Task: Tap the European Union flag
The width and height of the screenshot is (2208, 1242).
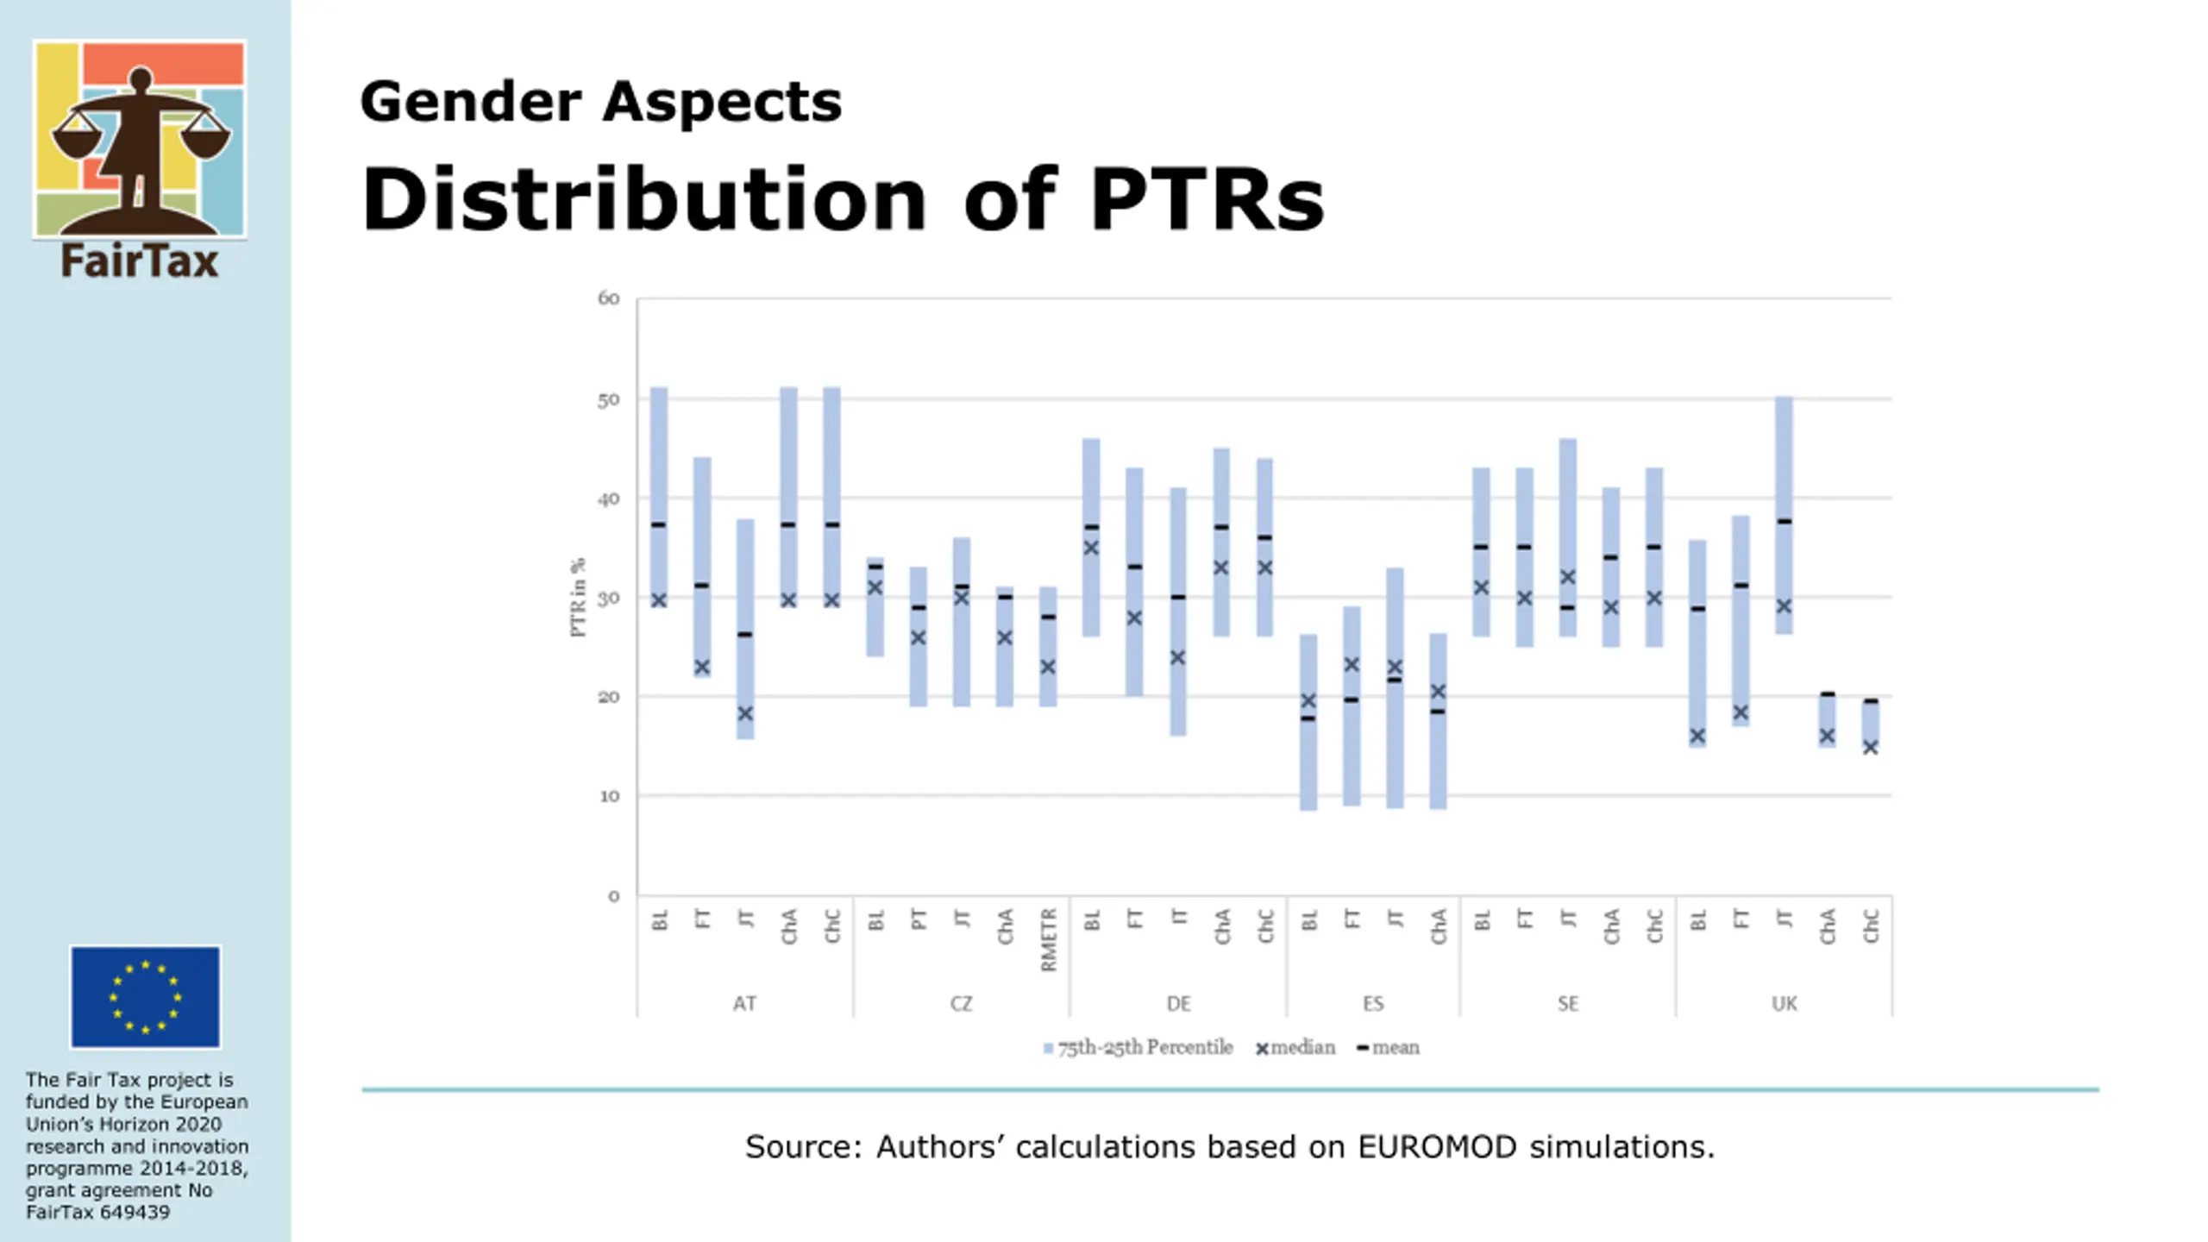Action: click(x=145, y=996)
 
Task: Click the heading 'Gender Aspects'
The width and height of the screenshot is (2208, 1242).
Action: click(x=600, y=102)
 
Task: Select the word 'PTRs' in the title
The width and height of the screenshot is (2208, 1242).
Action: click(x=1207, y=200)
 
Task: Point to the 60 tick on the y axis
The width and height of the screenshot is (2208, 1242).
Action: click(x=609, y=298)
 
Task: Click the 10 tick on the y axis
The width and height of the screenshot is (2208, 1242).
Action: click(x=609, y=796)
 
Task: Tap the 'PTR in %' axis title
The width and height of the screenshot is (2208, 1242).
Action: click(x=578, y=597)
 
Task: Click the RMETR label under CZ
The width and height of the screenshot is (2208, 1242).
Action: click(x=1048, y=939)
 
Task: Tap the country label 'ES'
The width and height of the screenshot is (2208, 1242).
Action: click(x=1373, y=1004)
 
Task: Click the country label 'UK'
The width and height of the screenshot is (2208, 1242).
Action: click(x=1784, y=1004)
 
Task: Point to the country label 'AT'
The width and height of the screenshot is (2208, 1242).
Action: click(x=744, y=1004)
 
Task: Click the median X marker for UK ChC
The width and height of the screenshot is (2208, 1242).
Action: click(x=1870, y=747)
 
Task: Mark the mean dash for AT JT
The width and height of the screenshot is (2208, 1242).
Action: click(x=745, y=635)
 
